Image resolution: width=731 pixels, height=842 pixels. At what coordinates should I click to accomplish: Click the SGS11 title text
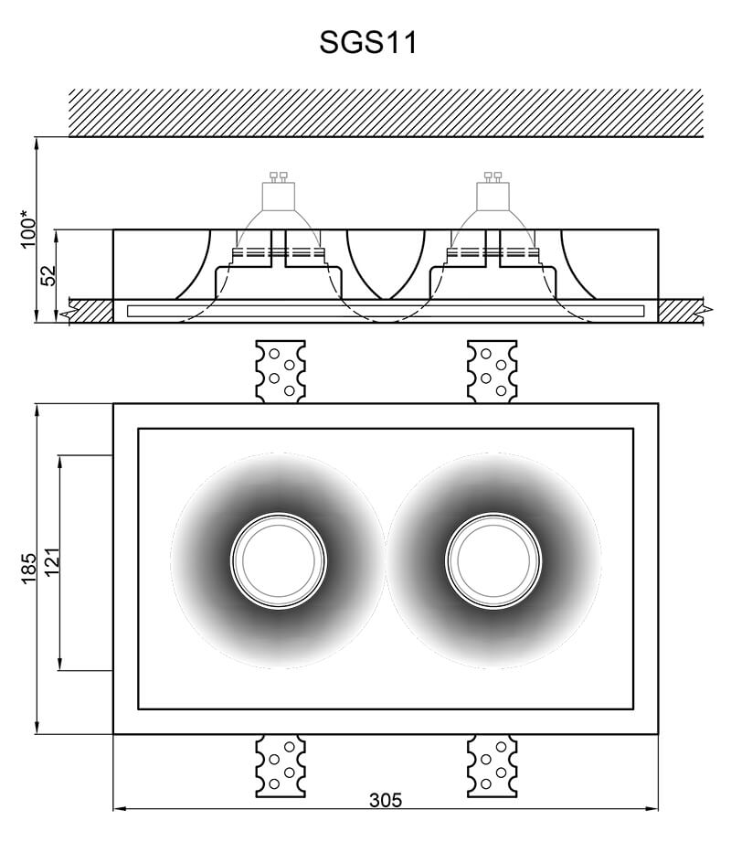[x=368, y=42]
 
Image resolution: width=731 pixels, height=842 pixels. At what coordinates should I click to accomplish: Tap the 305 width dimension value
[x=386, y=800]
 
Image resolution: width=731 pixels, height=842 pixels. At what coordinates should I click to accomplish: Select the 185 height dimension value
[x=28, y=568]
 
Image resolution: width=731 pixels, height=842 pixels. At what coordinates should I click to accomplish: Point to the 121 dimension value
[x=51, y=562]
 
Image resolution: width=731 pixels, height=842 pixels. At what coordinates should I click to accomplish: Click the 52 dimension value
[x=48, y=275]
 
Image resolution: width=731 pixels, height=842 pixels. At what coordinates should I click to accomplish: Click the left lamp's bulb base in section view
[x=278, y=192]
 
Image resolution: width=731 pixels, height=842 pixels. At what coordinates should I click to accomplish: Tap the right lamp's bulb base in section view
[x=493, y=192]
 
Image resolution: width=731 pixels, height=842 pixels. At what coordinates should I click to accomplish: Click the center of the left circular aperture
[x=278, y=560]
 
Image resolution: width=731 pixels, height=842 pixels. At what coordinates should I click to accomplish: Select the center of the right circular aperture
[x=493, y=560]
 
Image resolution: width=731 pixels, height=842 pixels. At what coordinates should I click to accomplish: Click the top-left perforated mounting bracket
[x=281, y=371]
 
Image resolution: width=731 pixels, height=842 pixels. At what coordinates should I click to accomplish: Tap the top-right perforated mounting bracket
[x=493, y=371]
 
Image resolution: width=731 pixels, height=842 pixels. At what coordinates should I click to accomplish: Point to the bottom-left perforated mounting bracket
[x=281, y=766]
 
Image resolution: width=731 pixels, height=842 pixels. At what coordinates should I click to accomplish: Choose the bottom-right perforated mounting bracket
[x=493, y=766]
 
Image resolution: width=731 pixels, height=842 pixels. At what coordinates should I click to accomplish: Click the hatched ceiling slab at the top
[x=386, y=112]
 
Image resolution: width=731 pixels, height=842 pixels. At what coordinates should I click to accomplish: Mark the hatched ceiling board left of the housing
[x=90, y=311]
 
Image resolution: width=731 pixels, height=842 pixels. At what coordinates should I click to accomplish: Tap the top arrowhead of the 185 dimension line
[x=37, y=410]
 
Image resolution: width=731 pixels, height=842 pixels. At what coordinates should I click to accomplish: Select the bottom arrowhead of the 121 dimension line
[x=59, y=665]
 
